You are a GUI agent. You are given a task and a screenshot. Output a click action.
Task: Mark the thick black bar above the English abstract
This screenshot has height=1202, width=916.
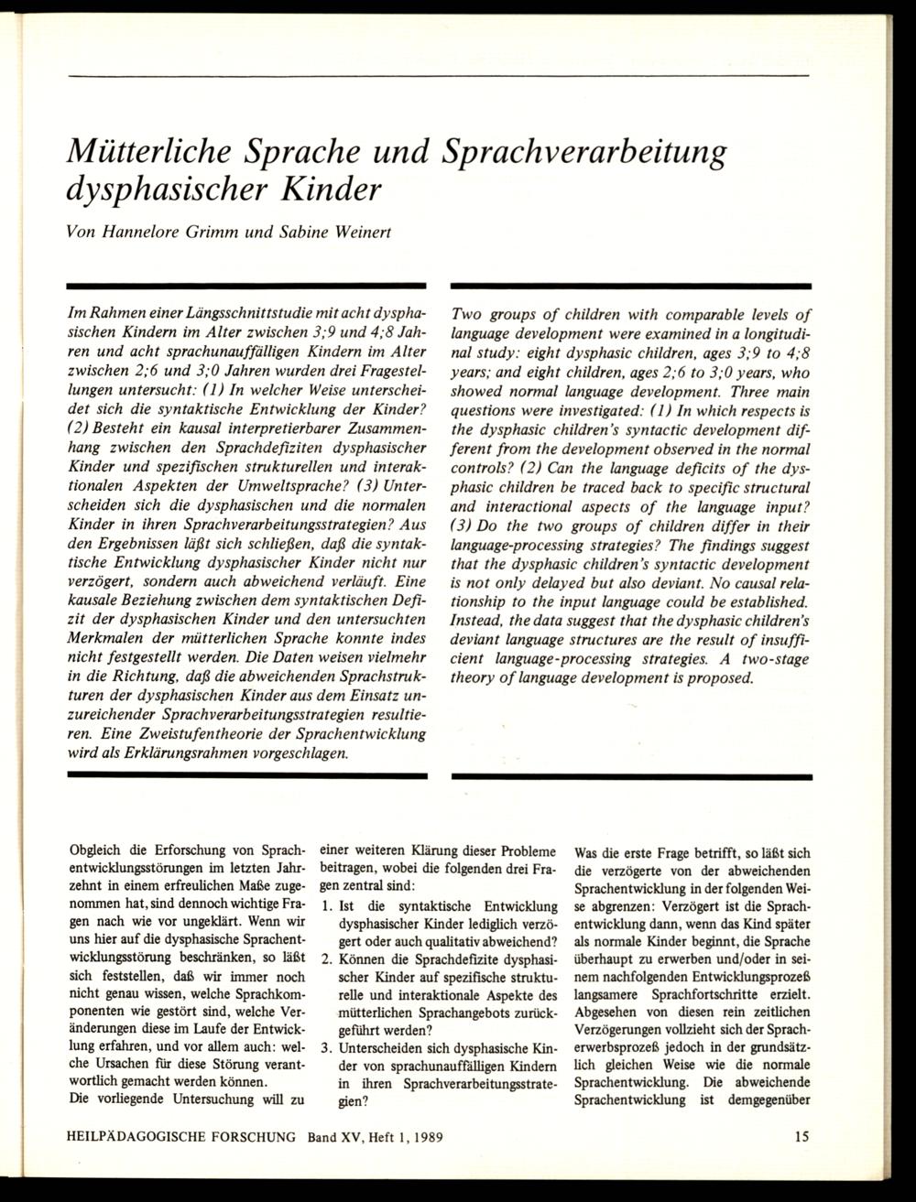[631, 287]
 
